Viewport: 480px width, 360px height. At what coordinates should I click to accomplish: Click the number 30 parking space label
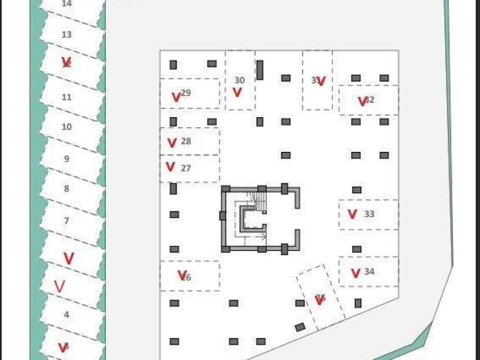[240, 80]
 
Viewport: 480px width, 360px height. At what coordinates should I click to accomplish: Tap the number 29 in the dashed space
[186, 93]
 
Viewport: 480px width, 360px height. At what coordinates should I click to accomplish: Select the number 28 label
[186, 141]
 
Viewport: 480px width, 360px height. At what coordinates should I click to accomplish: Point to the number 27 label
[186, 168]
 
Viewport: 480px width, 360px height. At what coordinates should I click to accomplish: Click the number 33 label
[369, 214]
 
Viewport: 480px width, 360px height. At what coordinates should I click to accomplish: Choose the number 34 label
[369, 271]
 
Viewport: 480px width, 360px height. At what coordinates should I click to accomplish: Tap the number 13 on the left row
[67, 34]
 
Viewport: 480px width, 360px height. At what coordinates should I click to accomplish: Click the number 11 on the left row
[67, 97]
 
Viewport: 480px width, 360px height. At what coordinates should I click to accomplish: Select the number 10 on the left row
[67, 127]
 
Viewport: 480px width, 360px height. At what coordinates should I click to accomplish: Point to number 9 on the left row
[67, 159]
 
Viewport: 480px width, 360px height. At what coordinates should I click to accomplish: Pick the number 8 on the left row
[67, 189]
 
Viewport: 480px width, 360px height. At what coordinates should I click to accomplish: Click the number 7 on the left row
[67, 220]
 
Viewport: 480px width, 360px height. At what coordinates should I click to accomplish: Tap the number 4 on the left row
[67, 315]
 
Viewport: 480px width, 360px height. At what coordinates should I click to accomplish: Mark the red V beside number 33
[352, 214]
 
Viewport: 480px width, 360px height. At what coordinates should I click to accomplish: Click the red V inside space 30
[237, 92]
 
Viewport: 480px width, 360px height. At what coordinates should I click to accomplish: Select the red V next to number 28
[172, 142]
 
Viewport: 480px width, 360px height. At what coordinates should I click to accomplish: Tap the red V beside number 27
[171, 166]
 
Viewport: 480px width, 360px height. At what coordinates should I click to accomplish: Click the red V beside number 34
[355, 273]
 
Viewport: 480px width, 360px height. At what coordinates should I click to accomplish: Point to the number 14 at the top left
[67, 3]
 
